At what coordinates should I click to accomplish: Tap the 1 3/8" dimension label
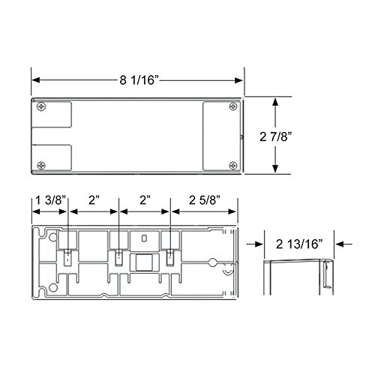[x=49, y=202]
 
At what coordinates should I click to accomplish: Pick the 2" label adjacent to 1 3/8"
[x=94, y=202]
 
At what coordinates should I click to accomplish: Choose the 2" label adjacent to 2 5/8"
[x=145, y=202]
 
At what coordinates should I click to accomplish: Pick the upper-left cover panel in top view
[x=52, y=118]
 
